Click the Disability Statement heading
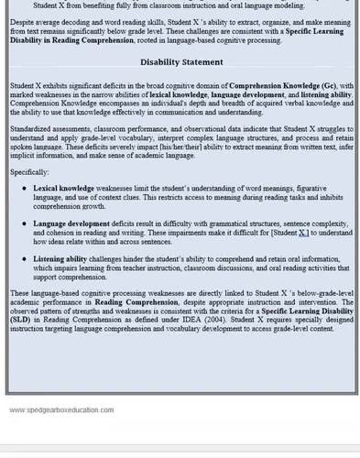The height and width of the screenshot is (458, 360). [181, 62]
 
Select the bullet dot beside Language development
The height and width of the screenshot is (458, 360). [25, 223]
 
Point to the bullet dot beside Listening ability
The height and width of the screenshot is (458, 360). [25, 259]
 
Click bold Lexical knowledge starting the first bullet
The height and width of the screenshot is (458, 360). [62, 187]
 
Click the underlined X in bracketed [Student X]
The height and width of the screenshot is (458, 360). [303, 233]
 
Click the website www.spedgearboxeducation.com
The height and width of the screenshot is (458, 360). [61, 409]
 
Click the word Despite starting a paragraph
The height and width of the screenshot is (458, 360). [24, 17]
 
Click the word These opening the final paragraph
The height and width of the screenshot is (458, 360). [21, 292]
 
